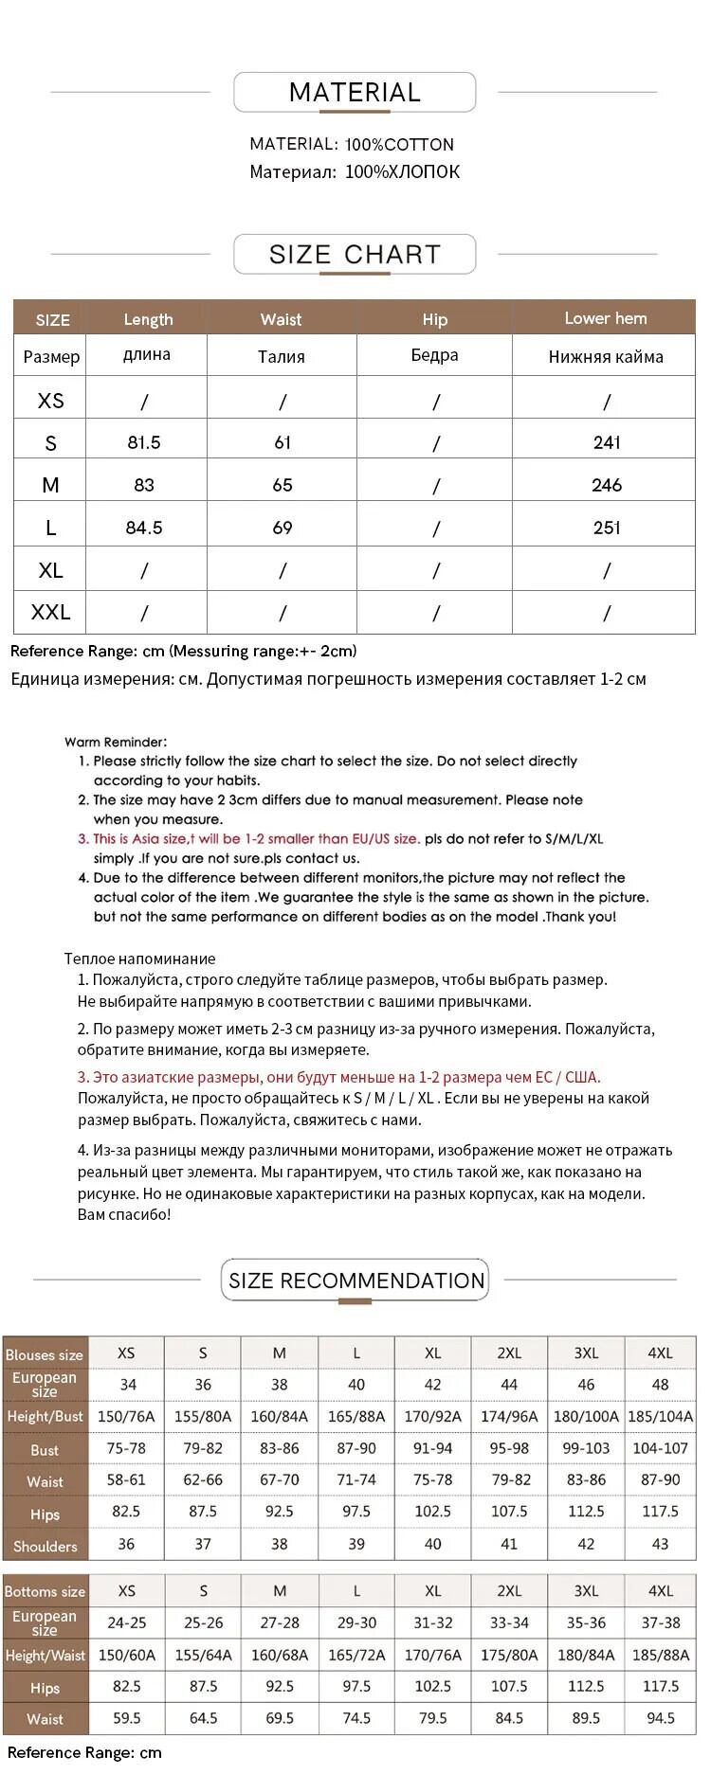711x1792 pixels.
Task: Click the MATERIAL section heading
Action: point(355,93)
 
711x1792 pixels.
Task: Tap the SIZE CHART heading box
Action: point(355,255)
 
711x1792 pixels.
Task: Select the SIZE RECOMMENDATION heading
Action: point(355,1281)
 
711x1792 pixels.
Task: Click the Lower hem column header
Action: point(606,318)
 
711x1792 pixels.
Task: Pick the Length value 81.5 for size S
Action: point(144,442)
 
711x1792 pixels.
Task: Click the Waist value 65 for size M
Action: point(283,485)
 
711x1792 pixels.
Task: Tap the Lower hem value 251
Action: point(607,528)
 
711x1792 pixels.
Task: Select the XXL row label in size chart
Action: point(50,613)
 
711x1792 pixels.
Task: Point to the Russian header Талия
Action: point(282,357)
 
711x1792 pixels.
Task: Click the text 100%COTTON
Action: point(399,145)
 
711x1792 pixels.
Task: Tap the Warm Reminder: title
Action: point(116,743)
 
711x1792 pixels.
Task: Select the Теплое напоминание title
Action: point(139,959)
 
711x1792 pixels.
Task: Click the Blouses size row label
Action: point(45,1354)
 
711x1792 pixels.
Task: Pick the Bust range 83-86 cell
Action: point(280,1448)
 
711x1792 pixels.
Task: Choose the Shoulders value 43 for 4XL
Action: point(660,1544)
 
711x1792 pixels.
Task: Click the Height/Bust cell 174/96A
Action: point(509,1417)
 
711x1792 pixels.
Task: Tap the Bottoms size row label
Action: point(45,1591)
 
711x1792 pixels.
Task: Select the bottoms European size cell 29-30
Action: point(356,1622)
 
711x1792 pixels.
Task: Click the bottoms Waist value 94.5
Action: point(660,1718)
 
